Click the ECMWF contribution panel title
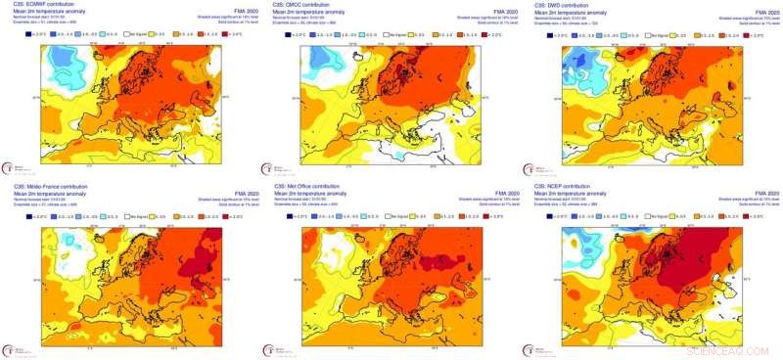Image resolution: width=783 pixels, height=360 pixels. pyautogui.click(x=40, y=5)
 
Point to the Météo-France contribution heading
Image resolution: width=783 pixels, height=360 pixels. pyautogui.click(x=47, y=186)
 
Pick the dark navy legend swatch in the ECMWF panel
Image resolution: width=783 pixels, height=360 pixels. pyautogui.click(x=31, y=34)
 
